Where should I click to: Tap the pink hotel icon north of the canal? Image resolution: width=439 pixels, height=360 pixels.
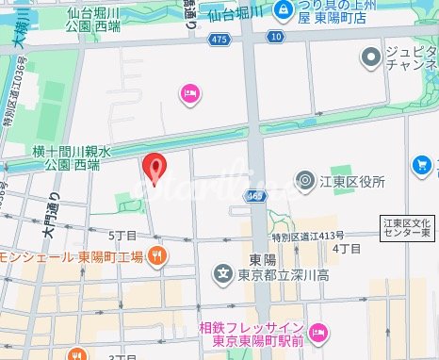(x=189, y=92)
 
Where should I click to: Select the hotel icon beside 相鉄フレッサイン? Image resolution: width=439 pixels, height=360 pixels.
(x=317, y=331)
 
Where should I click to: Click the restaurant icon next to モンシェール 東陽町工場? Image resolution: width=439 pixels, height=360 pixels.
(x=159, y=254)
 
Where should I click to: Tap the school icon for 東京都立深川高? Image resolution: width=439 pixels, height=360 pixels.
(x=223, y=274)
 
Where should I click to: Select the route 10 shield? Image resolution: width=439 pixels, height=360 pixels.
(x=274, y=36)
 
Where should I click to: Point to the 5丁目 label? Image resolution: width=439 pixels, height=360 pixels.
(x=122, y=234)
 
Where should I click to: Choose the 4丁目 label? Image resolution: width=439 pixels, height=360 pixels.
(x=347, y=248)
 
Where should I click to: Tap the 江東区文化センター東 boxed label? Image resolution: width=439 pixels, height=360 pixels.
(x=406, y=227)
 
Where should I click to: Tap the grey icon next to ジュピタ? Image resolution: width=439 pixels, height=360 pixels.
(x=372, y=59)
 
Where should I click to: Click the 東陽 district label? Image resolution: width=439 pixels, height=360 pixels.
(x=262, y=258)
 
